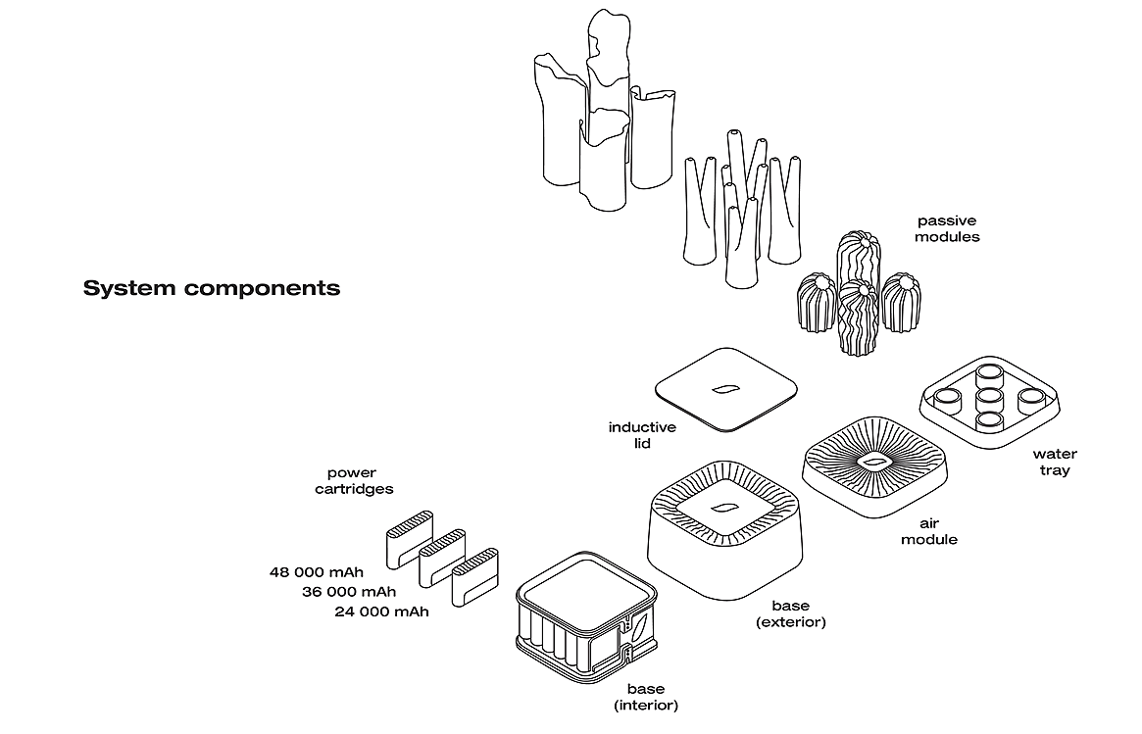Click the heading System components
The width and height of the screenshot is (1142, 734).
pos(212,288)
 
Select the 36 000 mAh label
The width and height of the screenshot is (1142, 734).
pos(349,591)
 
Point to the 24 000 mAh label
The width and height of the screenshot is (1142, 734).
pos(381,612)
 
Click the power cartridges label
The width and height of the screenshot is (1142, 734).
pos(353,480)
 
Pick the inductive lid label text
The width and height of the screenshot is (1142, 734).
pos(642,435)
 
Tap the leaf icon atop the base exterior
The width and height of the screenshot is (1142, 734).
pos(725,508)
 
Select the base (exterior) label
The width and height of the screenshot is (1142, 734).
pos(790,613)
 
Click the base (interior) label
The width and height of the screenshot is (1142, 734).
pos(645,696)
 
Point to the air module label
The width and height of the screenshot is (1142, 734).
pos(929,531)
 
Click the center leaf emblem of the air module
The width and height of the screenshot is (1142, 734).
pos(874,462)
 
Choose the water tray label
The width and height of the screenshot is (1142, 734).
pos(1055,462)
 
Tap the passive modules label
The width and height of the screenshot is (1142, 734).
pos(948,228)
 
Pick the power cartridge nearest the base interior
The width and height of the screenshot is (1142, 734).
pos(469,578)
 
